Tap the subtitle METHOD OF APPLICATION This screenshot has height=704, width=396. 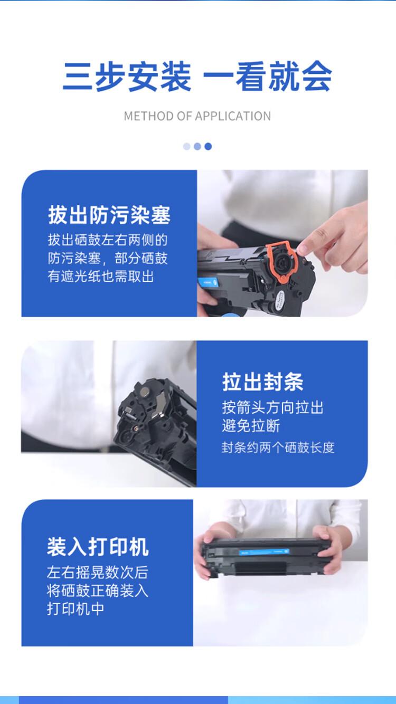pyautogui.click(x=197, y=116)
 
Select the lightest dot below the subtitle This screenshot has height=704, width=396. pyautogui.click(x=187, y=146)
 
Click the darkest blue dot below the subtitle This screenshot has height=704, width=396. pyautogui.click(x=208, y=146)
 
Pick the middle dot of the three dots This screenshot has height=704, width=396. pyautogui.click(x=197, y=146)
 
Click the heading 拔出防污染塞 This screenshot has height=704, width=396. pyautogui.click(x=109, y=216)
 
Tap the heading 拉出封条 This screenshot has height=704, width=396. pyautogui.click(x=262, y=382)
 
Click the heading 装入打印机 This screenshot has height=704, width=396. pyautogui.click(x=98, y=547)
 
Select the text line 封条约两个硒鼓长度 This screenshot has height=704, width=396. pyautogui.click(x=278, y=448)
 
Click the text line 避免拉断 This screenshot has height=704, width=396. pyautogui.click(x=251, y=426)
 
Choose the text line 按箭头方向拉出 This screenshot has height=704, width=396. pyautogui.click(x=272, y=407)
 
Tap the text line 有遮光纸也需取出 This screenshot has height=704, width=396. pyautogui.click(x=101, y=276)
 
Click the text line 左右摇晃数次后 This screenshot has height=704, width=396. pyautogui.click(x=97, y=572)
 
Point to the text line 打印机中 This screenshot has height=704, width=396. pyautogui.click(x=76, y=608)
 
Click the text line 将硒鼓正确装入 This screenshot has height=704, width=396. pyautogui.click(x=97, y=591)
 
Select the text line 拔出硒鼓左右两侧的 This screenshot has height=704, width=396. pyautogui.click(x=108, y=240)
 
